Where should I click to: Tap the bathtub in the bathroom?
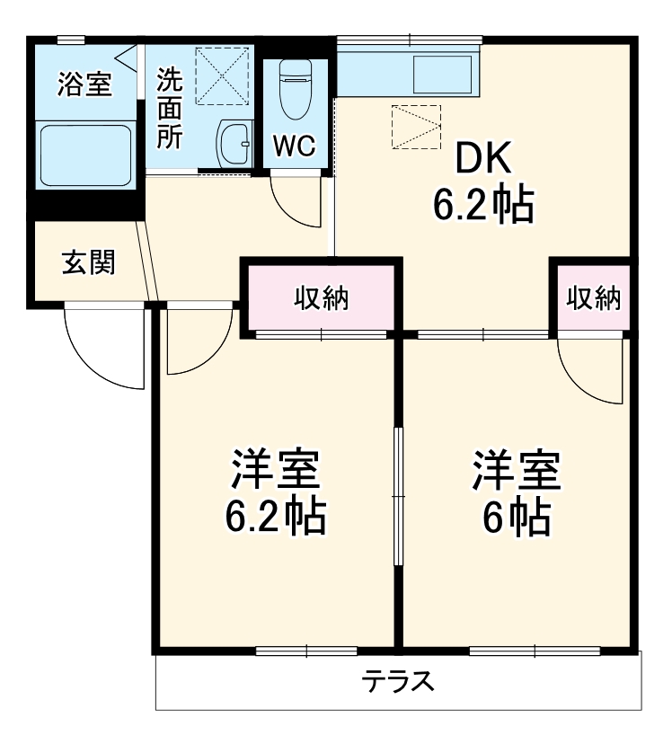tap(86, 155)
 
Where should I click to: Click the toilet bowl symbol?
tap(294, 90)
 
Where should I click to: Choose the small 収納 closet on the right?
tap(594, 298)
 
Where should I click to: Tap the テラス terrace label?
tap(399, 682)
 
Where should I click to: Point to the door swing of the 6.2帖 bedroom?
tap(198, 341)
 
